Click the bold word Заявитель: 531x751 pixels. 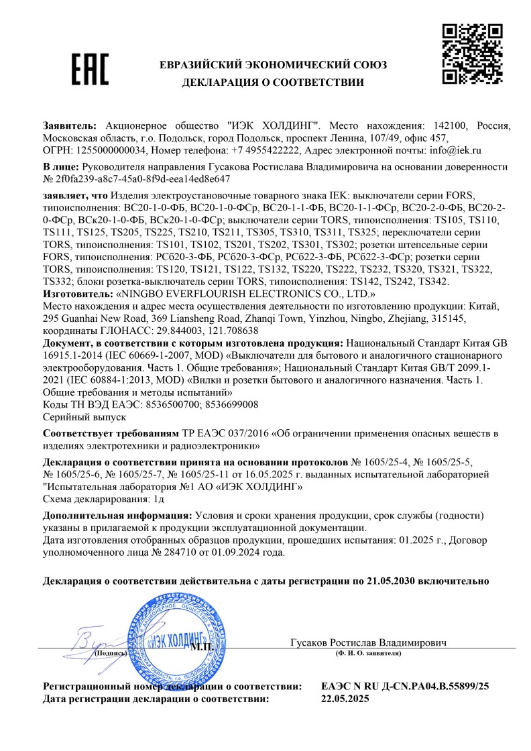pos(70,126)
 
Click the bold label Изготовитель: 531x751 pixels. pos(78,294)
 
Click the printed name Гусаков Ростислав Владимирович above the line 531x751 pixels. pos(368,642)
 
